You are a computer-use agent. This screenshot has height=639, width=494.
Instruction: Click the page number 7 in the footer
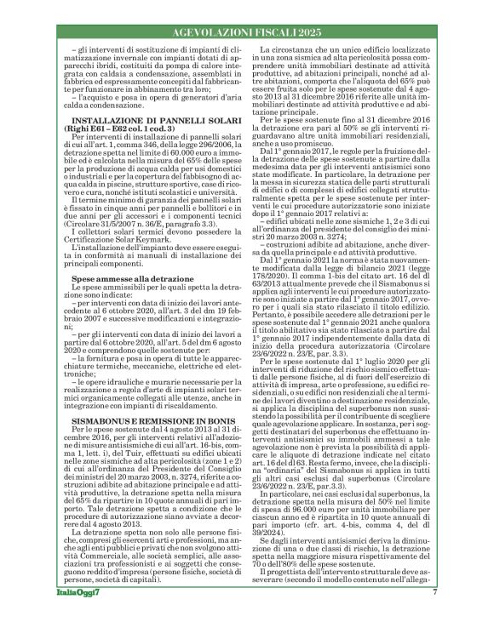(435, 615)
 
